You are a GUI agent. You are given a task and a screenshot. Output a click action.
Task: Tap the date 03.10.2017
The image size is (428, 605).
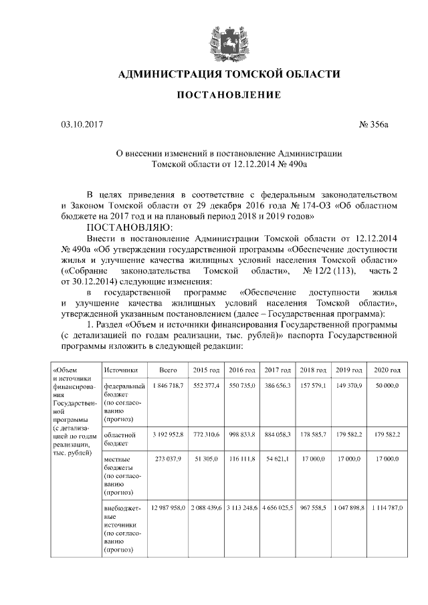80,124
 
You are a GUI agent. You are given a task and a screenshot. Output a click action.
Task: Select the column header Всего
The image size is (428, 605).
168,370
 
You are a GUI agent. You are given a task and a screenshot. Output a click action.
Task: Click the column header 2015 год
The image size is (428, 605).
206,370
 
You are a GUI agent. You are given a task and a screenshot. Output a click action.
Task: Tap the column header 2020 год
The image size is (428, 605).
387,370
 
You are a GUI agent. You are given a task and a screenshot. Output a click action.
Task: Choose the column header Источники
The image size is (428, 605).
121,370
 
